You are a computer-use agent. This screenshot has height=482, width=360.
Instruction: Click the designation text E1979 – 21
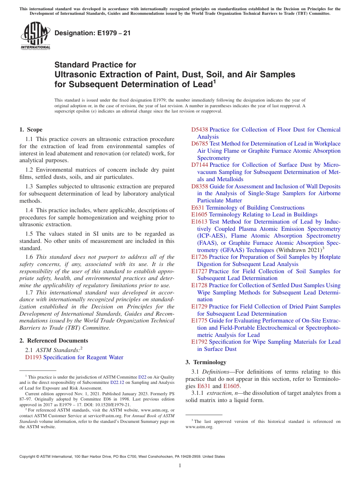(x=92, y=33)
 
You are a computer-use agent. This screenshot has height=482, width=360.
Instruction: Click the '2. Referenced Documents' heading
(x=54, y=341)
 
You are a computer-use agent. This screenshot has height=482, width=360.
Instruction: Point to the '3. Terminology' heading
(x=206, y=362)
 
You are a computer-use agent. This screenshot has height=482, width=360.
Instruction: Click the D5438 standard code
(x=199, y=130)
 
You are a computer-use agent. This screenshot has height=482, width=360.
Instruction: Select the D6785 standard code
(x=199, y=144)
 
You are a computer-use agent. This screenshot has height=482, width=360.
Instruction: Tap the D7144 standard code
(x=199, y=165)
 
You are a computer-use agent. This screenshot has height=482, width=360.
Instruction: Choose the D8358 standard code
(x=199, y=186)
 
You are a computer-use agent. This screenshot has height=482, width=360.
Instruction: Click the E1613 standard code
(x=199, y=222)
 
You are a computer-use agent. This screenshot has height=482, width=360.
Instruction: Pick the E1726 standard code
(x=199, y=257)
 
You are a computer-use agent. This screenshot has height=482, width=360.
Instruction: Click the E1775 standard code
(x=199, y=321)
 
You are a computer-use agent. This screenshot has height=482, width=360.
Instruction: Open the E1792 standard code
(x=199, y=342)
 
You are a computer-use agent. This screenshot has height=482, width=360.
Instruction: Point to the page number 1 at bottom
(x=180, y=465)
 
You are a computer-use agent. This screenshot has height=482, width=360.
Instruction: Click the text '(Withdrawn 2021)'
(x=298, y=250)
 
